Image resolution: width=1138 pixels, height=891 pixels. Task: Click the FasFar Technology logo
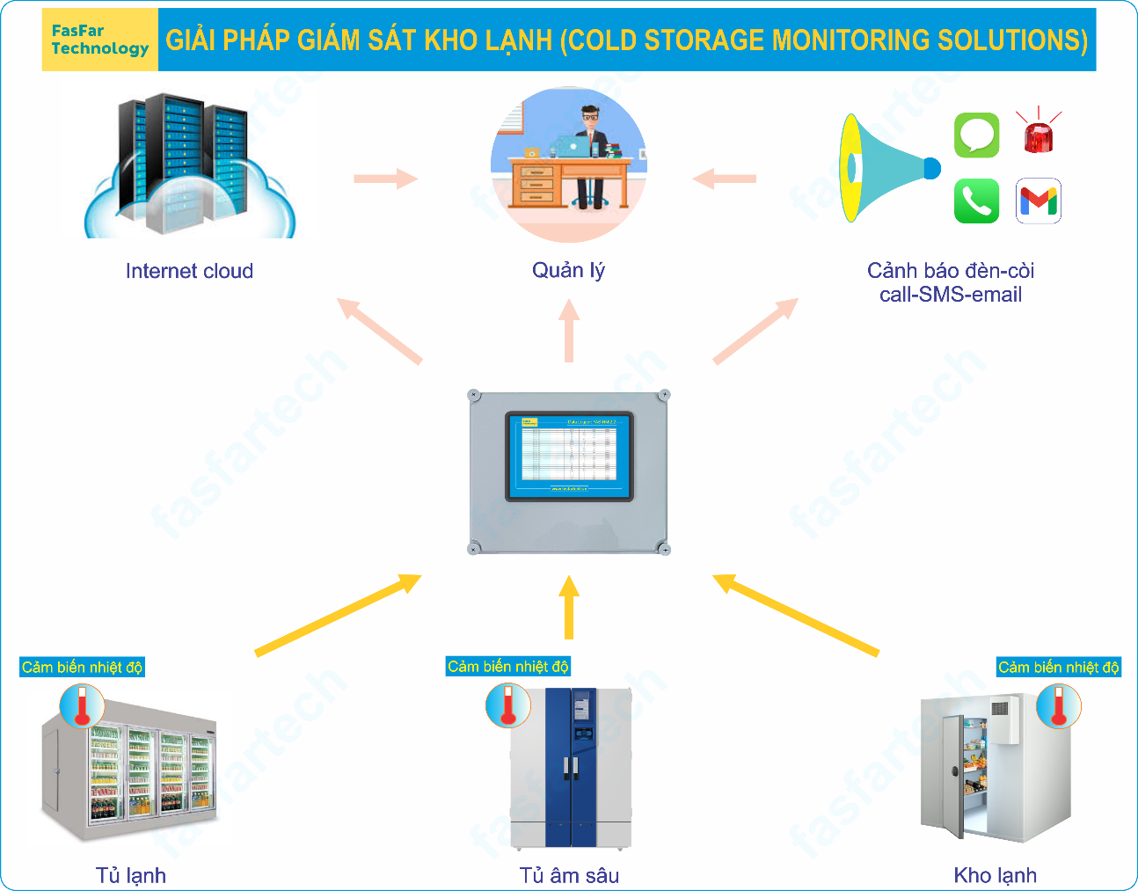(99, 40)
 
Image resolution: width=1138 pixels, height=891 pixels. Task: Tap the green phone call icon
(976, 201)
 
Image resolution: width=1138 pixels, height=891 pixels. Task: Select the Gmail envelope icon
(1039, 201)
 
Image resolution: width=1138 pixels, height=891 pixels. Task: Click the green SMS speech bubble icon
(976, 135)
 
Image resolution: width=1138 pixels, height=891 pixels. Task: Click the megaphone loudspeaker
(884, 168)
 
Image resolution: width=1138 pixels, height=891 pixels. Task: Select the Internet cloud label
(189, 271)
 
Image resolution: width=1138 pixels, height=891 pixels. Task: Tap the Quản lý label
(568, 270)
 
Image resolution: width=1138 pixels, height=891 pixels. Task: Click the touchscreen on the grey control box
(569, 456)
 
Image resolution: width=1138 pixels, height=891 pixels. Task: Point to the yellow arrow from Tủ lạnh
(338, 615)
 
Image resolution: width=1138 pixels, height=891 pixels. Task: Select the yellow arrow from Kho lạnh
(795, 615)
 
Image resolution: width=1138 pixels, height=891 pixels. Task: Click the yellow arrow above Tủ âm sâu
(569, 607)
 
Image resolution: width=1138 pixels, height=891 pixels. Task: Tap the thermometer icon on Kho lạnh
(1058, 706)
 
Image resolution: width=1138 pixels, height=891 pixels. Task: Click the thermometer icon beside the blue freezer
(507, 705)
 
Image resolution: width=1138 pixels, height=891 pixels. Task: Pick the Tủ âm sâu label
(569, 875)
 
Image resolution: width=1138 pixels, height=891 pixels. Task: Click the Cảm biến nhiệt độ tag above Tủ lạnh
(82, 668)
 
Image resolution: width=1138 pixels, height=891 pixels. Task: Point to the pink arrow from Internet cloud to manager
(385, 179)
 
